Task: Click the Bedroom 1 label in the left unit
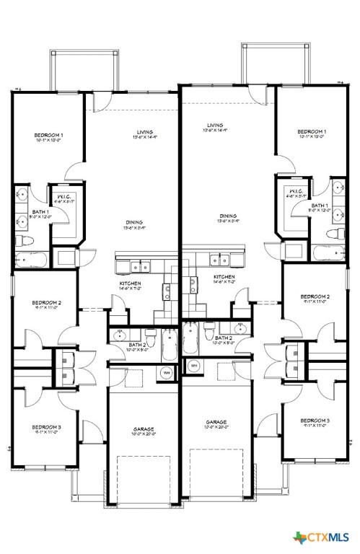tap(49, 135)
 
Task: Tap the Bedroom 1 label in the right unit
tap(312, 131)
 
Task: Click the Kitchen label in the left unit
tap(130, 283)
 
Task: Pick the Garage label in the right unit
tap(216, 422)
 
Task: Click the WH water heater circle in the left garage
tap(166, 371)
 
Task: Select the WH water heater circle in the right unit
tap(194, 366)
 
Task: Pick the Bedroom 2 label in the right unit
tap(315, 296)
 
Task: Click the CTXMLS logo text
tap(331, 538)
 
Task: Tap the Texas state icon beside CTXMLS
tap(300, 538)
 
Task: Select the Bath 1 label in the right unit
tap(320, 206)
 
